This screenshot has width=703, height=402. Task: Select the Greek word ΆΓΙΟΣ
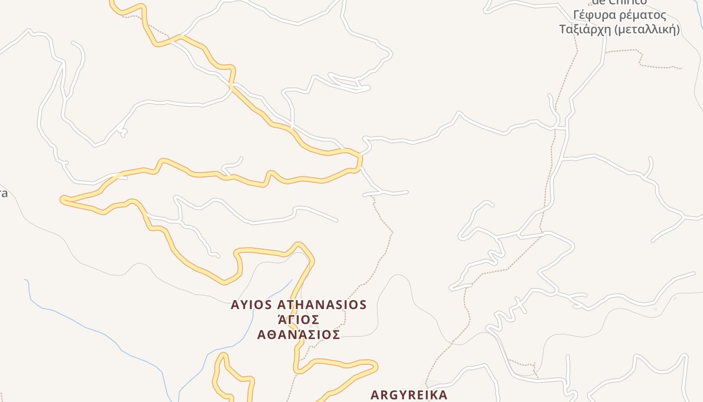299,320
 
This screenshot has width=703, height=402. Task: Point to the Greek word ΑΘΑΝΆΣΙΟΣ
299,335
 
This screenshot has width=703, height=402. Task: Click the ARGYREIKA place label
409,395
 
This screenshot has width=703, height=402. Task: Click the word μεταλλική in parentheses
648,30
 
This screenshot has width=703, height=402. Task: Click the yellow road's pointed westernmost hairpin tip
62,200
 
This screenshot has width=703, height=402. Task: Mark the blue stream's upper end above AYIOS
291,280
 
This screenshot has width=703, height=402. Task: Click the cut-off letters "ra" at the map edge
3,193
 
